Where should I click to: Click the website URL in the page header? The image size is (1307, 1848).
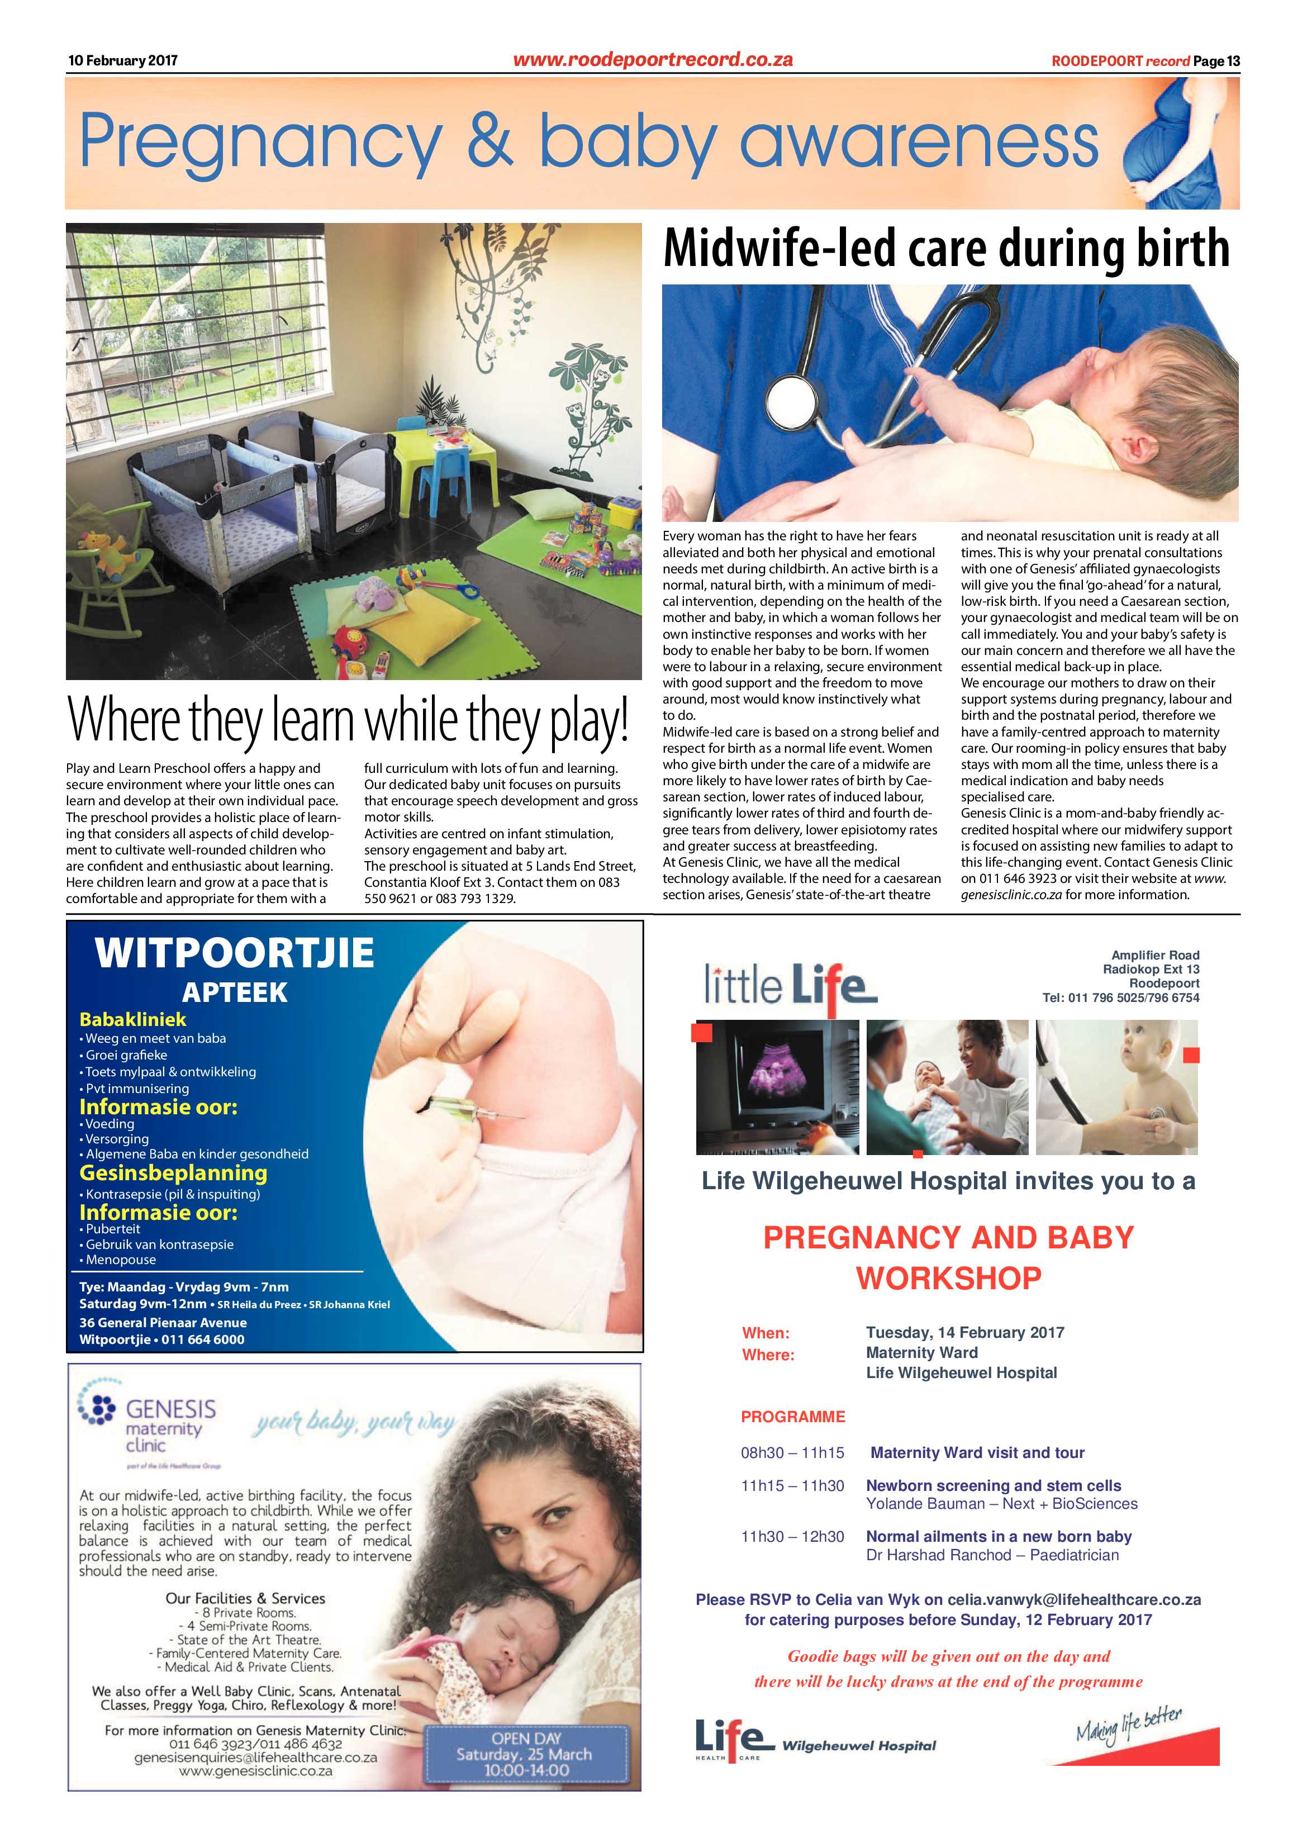pyautogui.click(x=653, y=60)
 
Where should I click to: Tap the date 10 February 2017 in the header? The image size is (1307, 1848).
pyautogui.click(x=122, y=60)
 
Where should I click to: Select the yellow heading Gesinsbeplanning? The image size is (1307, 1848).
pyautogui.click(x=173, y=1173)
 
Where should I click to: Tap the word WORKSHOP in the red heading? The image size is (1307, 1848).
pyautogui.click(x=948, y=1277)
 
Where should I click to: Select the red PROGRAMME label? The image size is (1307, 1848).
pyautogui.click(x=793, y=1417)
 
